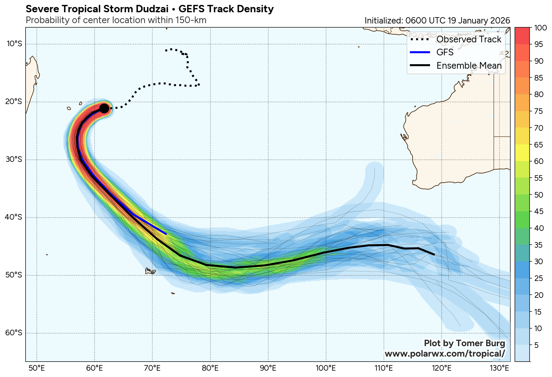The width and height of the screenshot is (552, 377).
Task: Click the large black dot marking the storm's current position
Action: coord(104,108)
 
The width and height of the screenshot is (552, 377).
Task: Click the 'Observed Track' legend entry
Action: coord(469,39)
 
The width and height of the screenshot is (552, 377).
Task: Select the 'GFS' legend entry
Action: coord(445,52)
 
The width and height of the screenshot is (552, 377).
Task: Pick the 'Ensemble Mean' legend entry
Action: coord(469,66)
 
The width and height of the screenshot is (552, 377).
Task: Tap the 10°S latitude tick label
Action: coord(14,44)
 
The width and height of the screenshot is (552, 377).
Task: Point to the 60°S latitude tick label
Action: coord(14,333)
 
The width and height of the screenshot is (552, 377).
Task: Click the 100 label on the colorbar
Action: coord(541,28)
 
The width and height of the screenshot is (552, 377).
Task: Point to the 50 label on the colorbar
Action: coord(539,195)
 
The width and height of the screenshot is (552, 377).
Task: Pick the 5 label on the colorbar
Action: coord(536,345)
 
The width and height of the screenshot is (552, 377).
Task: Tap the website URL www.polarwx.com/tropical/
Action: coord(445,354)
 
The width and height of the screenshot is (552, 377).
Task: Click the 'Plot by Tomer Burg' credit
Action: coord(464,343)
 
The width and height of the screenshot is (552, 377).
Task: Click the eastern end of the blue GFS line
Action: coord(166,233)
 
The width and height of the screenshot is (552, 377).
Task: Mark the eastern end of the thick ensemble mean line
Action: coord(434,255)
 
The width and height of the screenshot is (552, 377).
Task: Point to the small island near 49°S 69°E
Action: coord(150,271)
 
